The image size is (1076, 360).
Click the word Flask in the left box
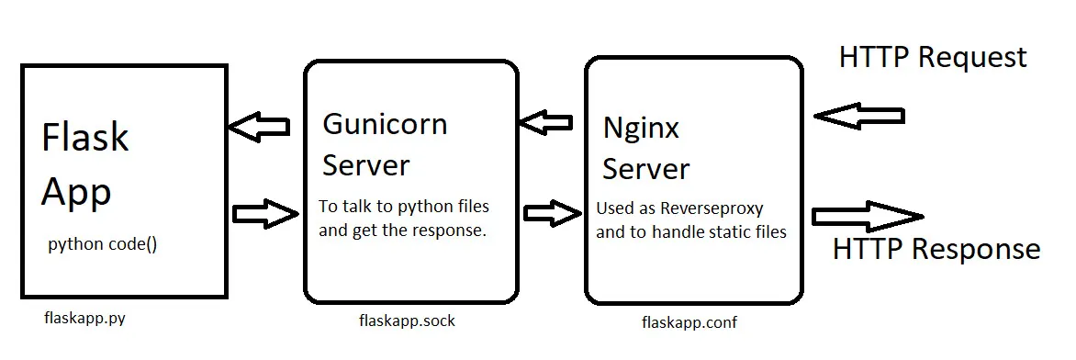point(85,137)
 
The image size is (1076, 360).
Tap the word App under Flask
point(76,192)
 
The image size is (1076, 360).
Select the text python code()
point(102,245)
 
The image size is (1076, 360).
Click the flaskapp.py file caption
point(84,319)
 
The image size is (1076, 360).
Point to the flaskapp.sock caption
point(407,321)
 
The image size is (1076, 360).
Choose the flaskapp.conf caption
point(689,321)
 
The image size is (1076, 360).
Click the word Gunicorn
point(385,124)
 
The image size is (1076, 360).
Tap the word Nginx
point(641,129)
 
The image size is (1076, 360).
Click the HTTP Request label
point(933,57)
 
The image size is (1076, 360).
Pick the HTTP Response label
point(936,249)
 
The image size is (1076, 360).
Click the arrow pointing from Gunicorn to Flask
point(259,127)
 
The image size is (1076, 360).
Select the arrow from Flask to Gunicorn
point(266,214)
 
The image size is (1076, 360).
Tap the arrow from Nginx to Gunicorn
point(545,123)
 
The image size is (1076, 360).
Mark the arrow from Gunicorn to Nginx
point(553,213)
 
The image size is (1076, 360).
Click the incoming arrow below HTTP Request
point(859,116)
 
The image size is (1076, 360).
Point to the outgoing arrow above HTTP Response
point(869,217)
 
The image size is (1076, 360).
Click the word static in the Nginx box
point(740,232)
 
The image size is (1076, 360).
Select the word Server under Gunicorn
point(365,165)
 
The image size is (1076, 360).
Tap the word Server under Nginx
point(646,169)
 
